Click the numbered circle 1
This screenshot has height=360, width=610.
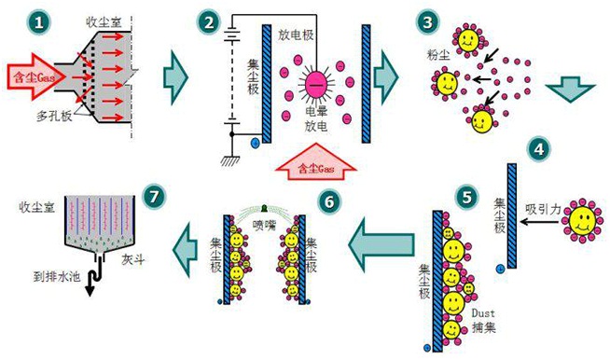tap(38, 21)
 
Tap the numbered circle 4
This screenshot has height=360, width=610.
tap(539, 149)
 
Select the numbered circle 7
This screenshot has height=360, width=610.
tap(154, 196)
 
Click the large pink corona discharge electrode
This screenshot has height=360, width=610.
tap(316, 84)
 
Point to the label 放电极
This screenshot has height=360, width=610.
tap(296, 35)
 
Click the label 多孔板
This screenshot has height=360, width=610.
tap(54, 116)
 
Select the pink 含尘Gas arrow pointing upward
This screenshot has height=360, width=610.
tap(315, 161)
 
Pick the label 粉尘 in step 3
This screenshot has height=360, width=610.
tap(438, 55)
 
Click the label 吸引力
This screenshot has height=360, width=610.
tap(543, 209)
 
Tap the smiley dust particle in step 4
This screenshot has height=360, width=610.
tap(582, 221)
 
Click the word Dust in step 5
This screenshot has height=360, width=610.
tap(483, 312)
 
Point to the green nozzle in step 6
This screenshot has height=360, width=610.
tap(265, 208)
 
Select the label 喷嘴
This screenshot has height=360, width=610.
tap(264, 225)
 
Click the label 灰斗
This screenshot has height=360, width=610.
tap(133, 259)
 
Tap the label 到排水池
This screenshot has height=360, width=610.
tap(57, 277)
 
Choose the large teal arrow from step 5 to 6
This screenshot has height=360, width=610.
tap(381, 244)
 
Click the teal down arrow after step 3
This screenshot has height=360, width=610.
tap(570, 90)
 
